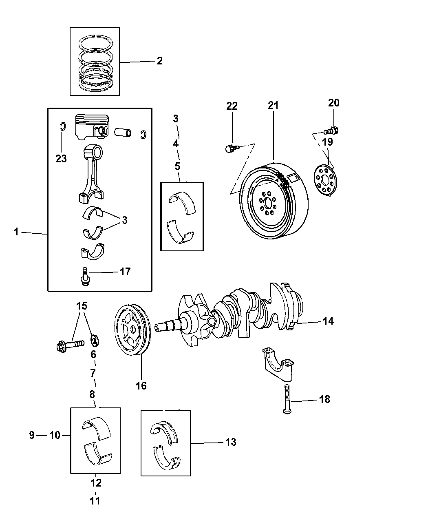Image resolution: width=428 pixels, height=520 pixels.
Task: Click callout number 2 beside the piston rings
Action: pos(159,61)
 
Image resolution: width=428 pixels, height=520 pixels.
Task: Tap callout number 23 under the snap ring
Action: pos(61,158)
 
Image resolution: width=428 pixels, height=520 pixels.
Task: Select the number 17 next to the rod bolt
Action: pos(125,272)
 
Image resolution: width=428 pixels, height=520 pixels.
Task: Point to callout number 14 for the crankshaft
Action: pos(328,321)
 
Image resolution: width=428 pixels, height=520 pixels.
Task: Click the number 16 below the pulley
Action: pos(141,385)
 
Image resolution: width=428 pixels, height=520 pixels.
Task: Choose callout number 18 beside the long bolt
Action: pos(324,399)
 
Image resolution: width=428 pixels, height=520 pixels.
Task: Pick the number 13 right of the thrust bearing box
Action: pos(230,442)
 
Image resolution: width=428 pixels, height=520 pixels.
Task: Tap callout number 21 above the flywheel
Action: pos(273,105)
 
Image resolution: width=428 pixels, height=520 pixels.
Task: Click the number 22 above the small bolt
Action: pos(232,106)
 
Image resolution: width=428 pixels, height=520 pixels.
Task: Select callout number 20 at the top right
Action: pos(333,103)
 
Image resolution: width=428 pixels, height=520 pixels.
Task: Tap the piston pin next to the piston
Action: pos(123,132)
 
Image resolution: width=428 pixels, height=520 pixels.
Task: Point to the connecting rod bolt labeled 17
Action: pos(84,277)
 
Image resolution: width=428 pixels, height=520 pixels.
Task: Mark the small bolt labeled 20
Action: pos(331,131)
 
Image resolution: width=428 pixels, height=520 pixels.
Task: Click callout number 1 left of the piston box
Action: pos(16,232)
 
